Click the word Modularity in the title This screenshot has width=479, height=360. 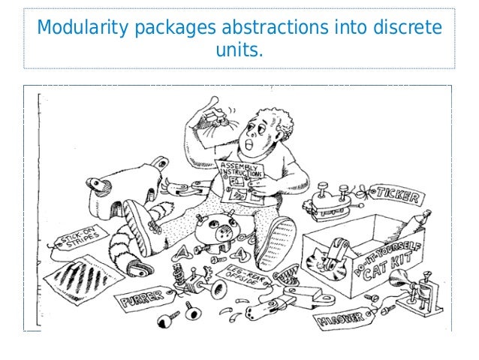[82, 29]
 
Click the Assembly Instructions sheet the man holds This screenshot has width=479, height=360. [241, 180]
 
